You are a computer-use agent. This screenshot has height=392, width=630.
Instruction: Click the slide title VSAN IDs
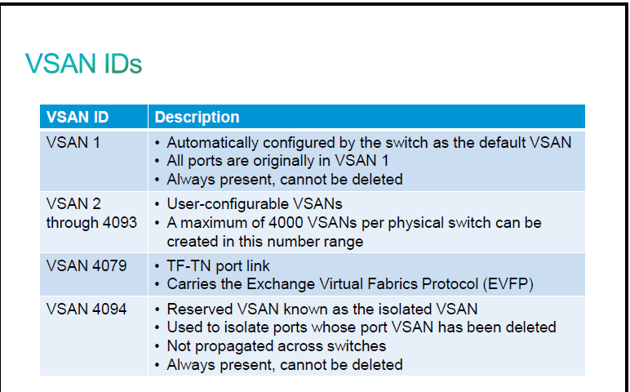(83, 64)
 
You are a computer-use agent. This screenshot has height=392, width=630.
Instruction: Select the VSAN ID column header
(78, 117)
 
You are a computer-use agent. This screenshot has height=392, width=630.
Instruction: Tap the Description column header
(197, 117)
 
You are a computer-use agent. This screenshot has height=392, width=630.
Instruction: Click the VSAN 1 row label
(73, 143)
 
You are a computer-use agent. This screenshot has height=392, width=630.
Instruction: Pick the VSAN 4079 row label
(87, 265)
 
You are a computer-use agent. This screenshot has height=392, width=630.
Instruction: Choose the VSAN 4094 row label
(87, 310)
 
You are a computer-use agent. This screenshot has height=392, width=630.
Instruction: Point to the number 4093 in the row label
(120, 222)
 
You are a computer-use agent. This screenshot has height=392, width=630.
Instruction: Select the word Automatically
(212, 143)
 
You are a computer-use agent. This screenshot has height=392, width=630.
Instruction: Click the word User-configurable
(228, 204)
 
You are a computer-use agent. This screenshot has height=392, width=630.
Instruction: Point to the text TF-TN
(189, 265)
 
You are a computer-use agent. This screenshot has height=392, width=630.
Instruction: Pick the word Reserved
(200, 310)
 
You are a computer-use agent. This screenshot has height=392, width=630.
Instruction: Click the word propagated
(235, 346)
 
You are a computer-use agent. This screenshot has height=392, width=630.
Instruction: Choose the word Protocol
(450, 284)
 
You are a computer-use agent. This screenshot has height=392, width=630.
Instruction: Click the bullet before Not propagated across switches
(157, 346)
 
